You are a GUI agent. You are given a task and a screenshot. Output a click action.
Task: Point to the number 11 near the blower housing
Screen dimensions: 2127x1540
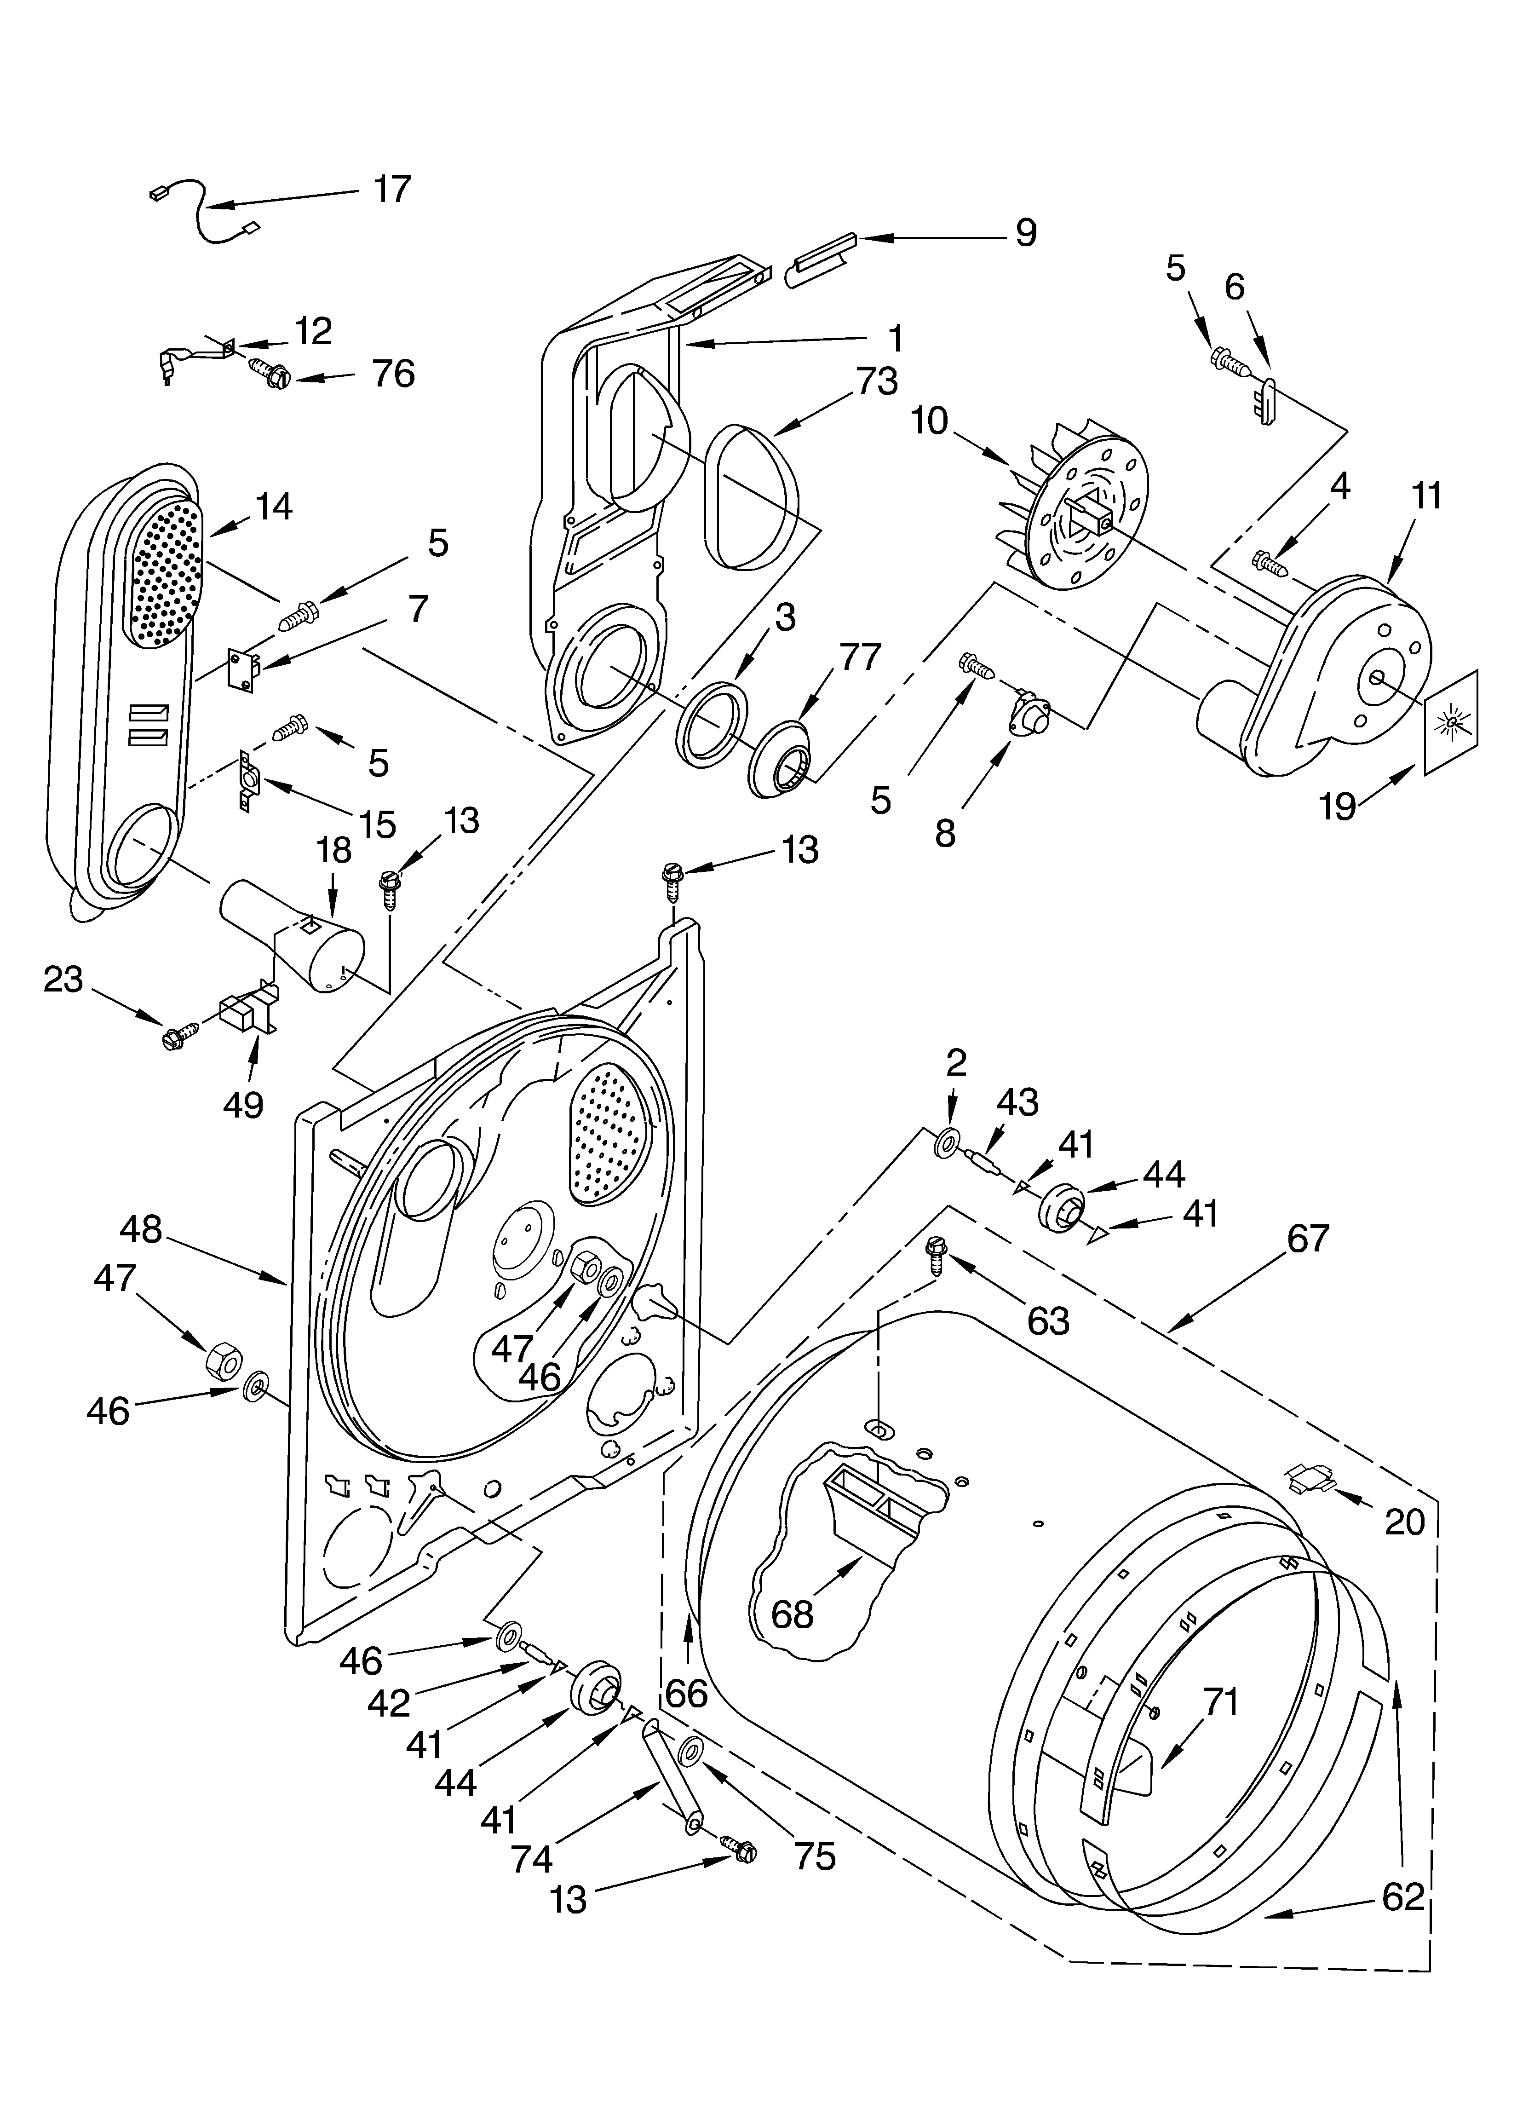pyautogui.click(x=1426, y=495)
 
